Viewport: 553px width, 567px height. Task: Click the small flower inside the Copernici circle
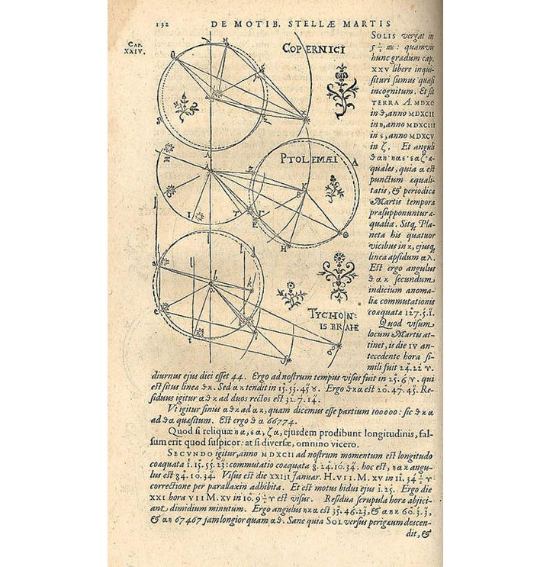[x=186, y=107]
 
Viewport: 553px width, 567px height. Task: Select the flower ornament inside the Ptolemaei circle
[x=333, y=187]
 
